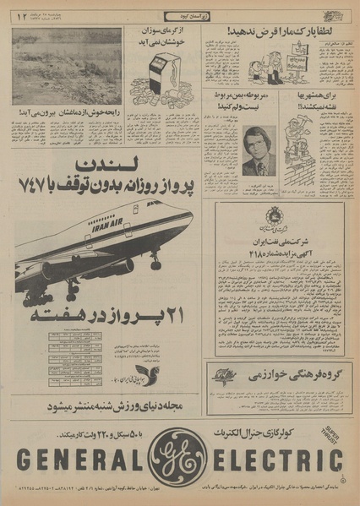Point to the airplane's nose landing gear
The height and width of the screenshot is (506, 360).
pos(155,262)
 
